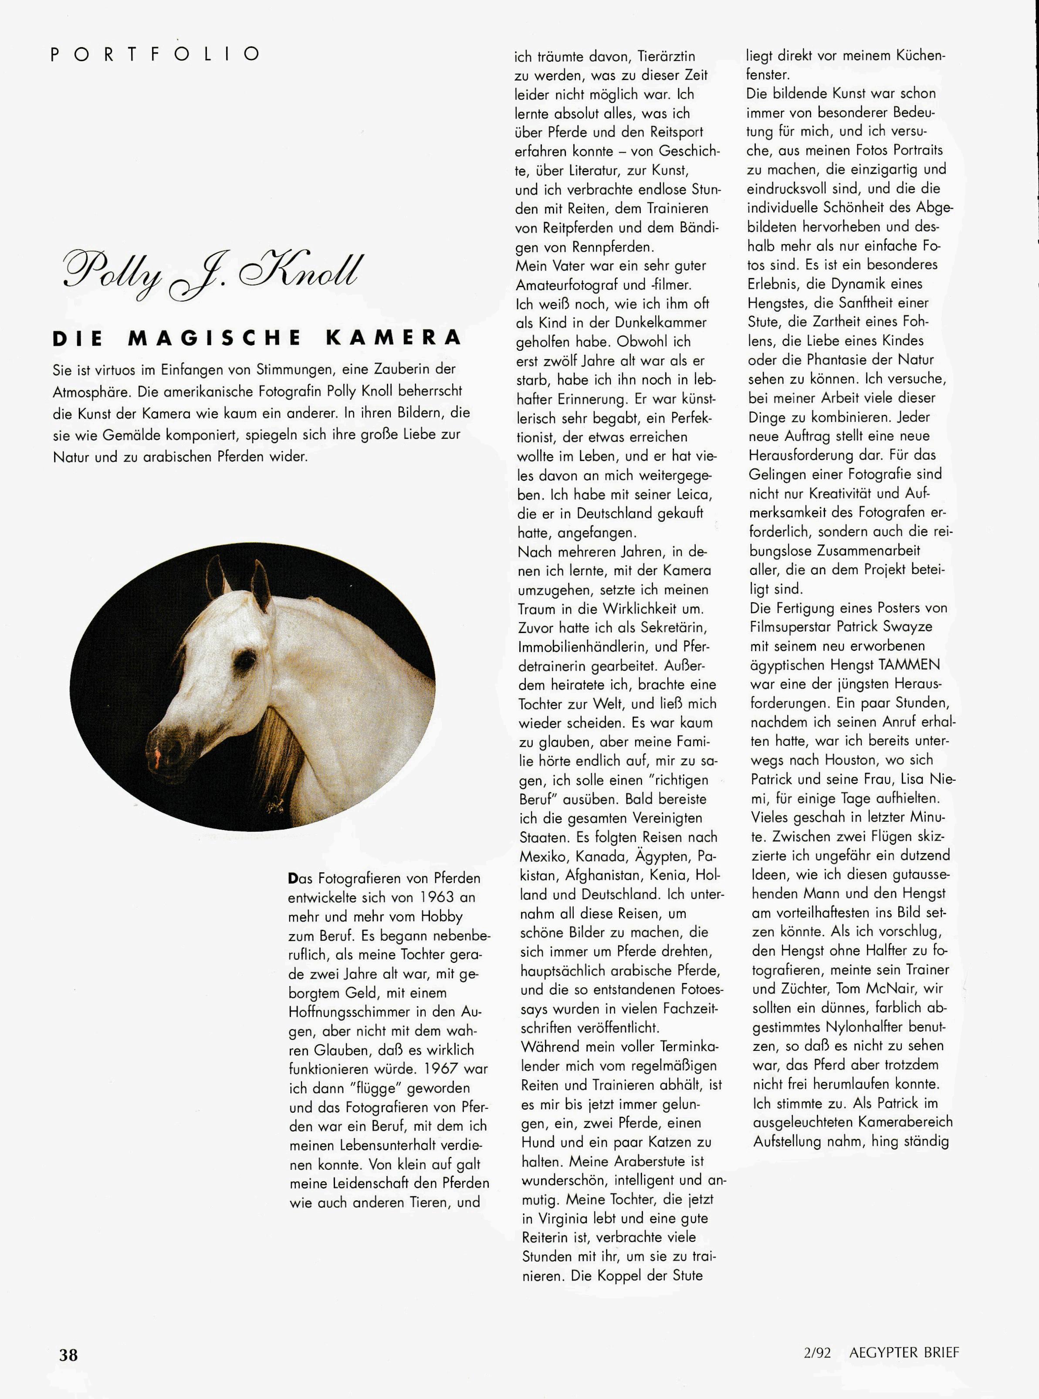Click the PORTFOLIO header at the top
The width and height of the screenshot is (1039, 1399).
[154, 54]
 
